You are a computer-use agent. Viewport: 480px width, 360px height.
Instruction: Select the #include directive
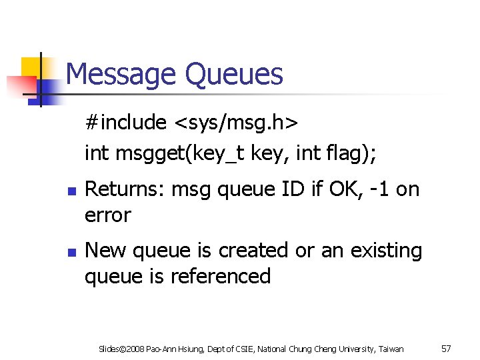click(x=125, y=123)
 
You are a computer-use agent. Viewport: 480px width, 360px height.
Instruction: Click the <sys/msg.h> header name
click(x=236, y=123)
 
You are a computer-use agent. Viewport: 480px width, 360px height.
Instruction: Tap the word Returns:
click(x=125, y=190)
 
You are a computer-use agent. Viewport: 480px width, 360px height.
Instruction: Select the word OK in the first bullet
click(x=345, y=190)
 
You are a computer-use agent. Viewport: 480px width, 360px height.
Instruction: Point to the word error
click(x=108, y=215)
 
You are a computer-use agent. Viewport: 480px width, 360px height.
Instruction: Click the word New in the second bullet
click(x=107, y=251)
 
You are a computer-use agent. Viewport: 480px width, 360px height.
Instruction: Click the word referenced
click(x=221, y=277)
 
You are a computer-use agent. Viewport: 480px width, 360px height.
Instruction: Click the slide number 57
click(x=446, y=349)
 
